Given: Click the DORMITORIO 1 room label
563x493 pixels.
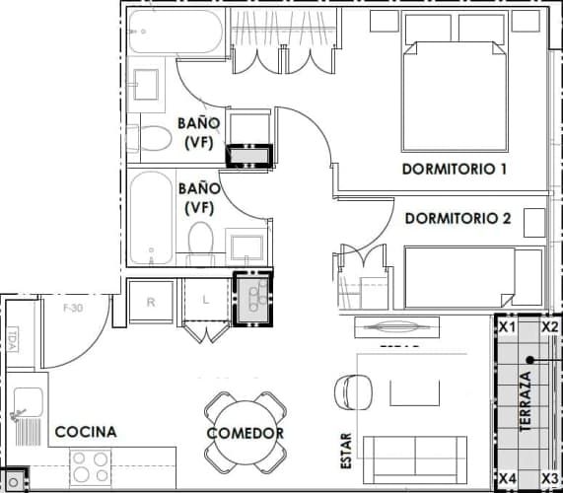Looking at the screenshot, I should click(x=455, y=169).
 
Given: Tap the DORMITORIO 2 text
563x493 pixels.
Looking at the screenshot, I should click(x=457, y=219).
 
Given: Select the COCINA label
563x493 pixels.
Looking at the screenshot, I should click(x=86, y=432).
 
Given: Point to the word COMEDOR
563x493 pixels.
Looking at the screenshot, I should click(x=246, y=434).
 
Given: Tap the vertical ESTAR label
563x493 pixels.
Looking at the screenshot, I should click(x=346, y=450).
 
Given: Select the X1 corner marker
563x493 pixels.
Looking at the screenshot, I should click(x=507, y=326).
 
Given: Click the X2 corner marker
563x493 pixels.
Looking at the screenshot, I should click(x=550, y=326).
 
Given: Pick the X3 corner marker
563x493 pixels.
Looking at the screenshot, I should click(x=550, y=478).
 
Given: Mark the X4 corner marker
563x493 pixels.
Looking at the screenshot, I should click(x=507, y=478).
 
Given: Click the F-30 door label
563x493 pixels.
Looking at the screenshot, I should click(x=72, y=308).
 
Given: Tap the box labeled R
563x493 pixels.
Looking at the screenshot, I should click(x=151, y=303).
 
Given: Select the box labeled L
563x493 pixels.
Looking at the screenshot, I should click(x=206, y=301).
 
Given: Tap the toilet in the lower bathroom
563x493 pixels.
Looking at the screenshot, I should click(x=200, y=241).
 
